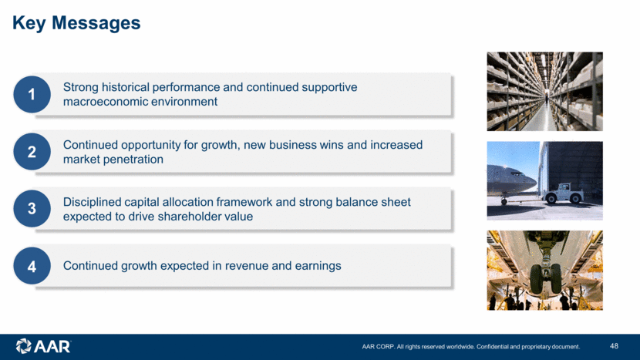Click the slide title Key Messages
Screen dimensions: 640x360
pyautogui.click(x=76, y=23)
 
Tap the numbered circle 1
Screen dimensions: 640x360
pyautogui.click(x=32, y=94)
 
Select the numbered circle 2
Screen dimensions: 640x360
pyautogui.click(x=32, y=151)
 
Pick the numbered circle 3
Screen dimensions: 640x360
pyautogui.click(x=32, y=209)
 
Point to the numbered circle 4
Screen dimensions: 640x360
pyautogui.click(x=32, y=266)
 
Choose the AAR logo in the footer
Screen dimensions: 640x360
pyautogui.click(x=43, y=346)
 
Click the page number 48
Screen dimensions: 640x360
pyautogui.click(x=614, y=346)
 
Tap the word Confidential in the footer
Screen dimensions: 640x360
pyautogui.click(x=492, y=347)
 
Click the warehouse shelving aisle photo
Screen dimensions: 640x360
pyautogui.click(x=544, y=92)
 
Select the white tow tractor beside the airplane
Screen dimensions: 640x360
pyautogui.click(x=561, y=193)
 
